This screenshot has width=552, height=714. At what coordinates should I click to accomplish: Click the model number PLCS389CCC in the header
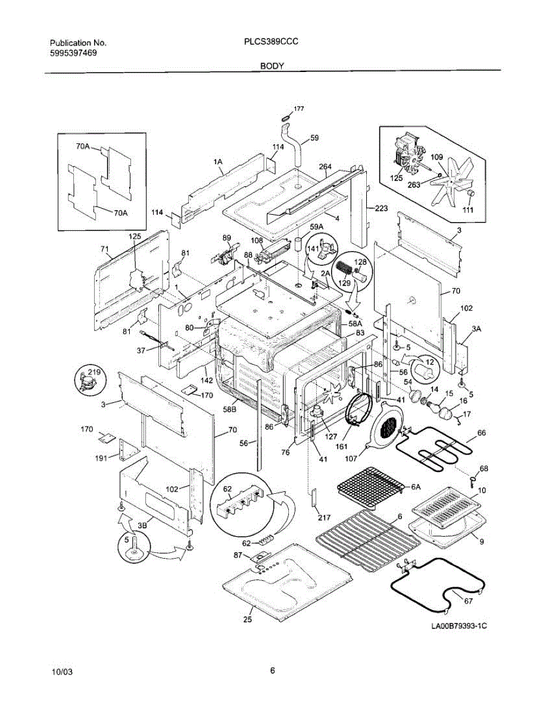(272, 42)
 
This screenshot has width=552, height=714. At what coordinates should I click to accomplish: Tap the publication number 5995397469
(73, 53)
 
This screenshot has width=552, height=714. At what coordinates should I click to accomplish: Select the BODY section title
(272, 66)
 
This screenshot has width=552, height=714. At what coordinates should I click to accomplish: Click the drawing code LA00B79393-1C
(459, 626)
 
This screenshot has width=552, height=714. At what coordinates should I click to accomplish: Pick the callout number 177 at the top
(299, 109)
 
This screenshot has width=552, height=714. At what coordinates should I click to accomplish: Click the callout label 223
(381, 208)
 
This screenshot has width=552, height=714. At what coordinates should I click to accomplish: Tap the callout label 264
(325, 167)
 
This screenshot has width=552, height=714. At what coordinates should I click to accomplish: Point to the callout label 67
(468, 601)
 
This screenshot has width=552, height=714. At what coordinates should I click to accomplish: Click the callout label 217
(324, 518)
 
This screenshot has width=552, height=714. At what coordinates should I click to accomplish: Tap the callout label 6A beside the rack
(416, 487)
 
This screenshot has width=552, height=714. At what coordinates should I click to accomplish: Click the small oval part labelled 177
(286, 117)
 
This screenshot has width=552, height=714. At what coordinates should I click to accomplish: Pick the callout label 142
(207, 380)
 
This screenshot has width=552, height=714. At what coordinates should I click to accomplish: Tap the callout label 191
(101, 458)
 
